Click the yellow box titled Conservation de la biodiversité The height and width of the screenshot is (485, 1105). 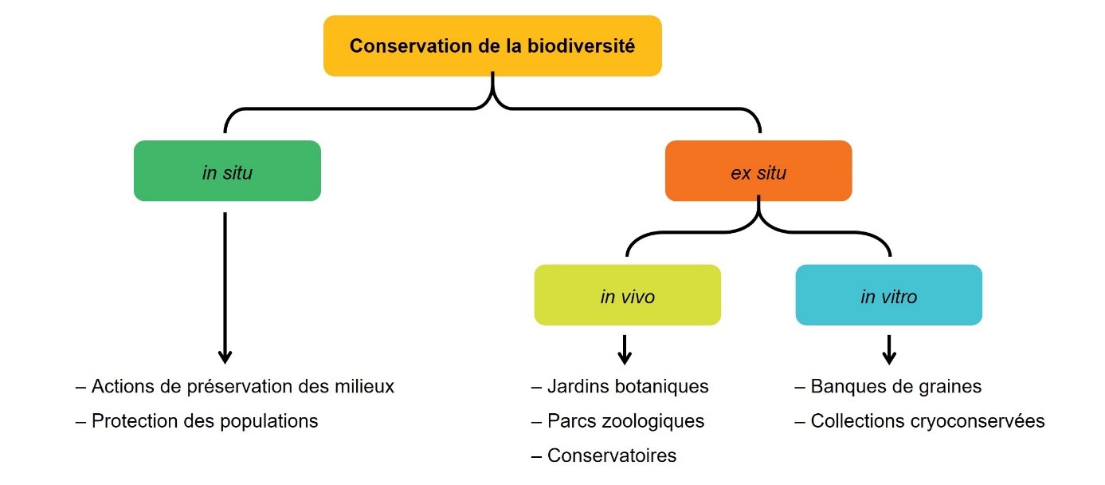(x=492, y=45)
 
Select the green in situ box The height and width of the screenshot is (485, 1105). (x=227, y=171)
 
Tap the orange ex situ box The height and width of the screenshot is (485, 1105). (x=758, y=171)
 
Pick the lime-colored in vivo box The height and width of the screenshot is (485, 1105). (x=627, y=295)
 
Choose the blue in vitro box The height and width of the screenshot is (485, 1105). (x=888, y=295)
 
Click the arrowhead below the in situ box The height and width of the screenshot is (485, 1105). (x=225, y=356)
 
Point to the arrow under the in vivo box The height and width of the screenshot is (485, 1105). (x=625, y=351)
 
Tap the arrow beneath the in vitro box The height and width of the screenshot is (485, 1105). (x=889, y=351)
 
